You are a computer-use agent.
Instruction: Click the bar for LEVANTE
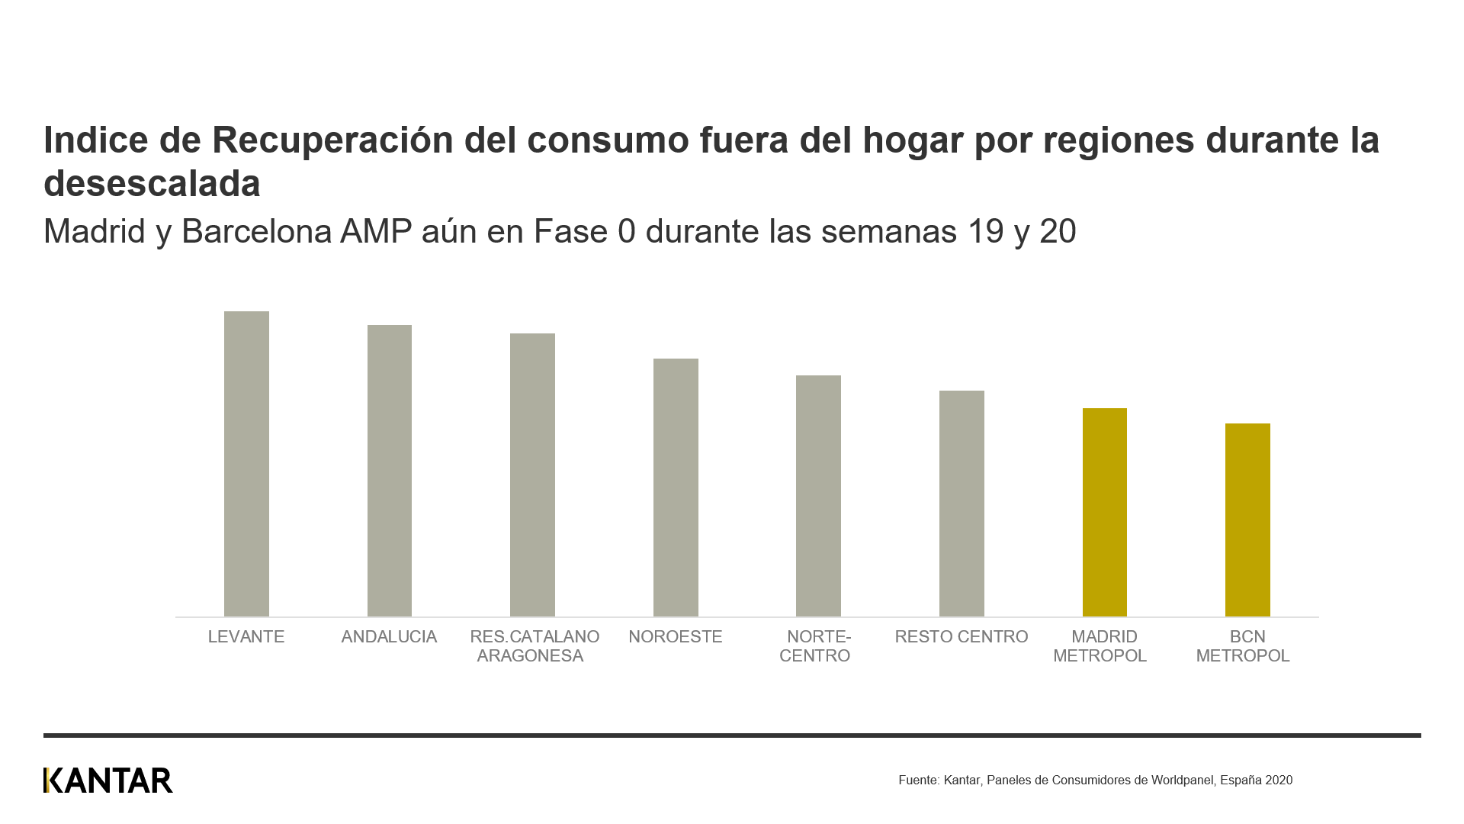246,464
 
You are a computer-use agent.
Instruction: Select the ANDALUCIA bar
390,471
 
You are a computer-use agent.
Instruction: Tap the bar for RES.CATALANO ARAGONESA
532,475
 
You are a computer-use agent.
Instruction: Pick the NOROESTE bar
676,488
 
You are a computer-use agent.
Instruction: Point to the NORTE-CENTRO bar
818,496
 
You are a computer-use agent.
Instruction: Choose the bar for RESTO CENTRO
962,504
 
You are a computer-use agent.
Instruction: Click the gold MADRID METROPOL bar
1104,512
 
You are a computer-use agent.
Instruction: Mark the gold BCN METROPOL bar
1247,520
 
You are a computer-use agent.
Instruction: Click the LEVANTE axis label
246,637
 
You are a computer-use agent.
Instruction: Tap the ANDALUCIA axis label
389,637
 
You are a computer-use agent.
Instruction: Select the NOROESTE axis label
676,637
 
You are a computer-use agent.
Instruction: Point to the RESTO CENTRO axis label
962,637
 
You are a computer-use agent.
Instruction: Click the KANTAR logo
108,781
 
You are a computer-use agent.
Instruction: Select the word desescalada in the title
152,184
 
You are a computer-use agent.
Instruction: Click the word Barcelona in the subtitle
256,232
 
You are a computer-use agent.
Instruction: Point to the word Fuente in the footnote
918,781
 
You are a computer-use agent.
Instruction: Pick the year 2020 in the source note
1279,781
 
